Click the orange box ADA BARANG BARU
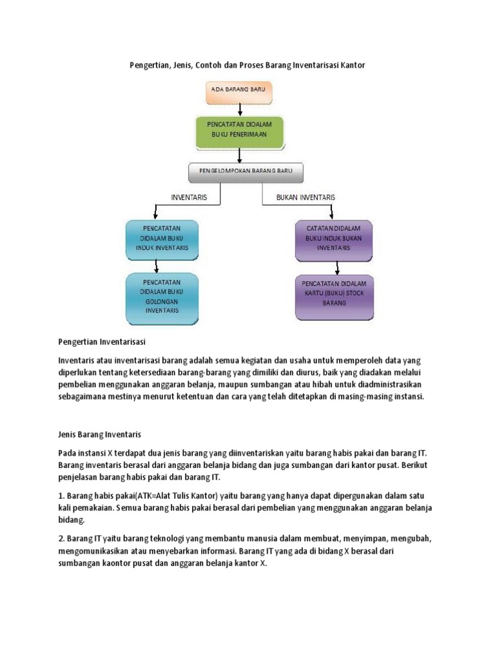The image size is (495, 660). [x=239, y=93]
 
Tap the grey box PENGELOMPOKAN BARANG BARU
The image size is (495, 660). [x=246, y=172]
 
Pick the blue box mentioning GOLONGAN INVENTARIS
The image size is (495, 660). [x=162, y=296]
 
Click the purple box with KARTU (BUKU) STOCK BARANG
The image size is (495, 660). [x=334, y=297]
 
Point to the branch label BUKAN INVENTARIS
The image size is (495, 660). [x=306, y=197]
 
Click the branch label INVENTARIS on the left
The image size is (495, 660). [x=189, y=197]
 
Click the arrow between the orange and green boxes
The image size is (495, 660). [x=240, y=110]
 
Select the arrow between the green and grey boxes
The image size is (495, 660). [x=240, y=155]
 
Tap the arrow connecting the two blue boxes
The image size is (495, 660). [x=157, y=265]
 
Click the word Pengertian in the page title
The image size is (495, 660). [x=144, y=66]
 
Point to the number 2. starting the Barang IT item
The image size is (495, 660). [x=62, y=538]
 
